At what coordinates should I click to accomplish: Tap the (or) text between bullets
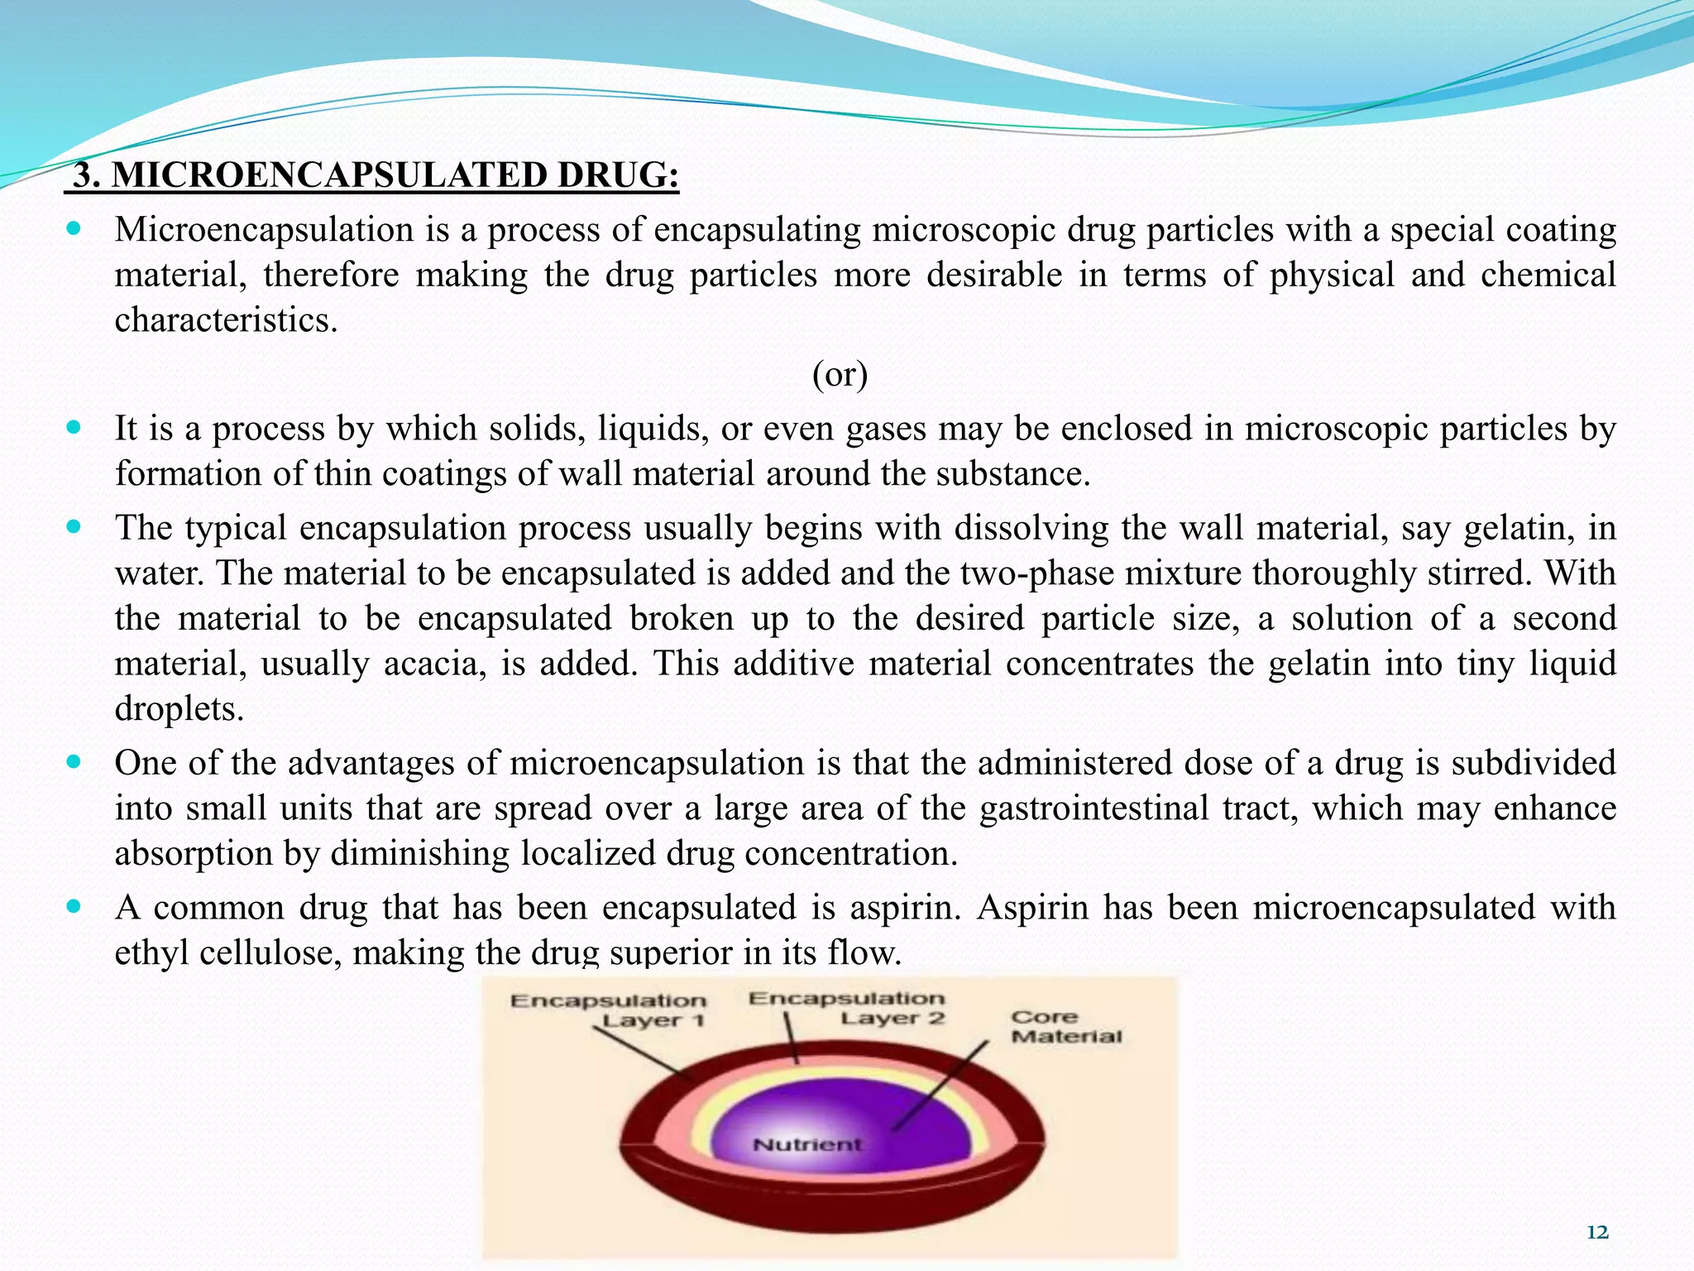click(x=840, y=375)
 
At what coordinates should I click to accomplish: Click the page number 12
click(x=1597, y=1232)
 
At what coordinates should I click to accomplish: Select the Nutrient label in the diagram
click(x=807, y=1144)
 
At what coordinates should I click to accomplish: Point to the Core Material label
click(x=1065, y=1027)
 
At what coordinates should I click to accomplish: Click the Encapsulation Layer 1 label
click(x=609, y=1010)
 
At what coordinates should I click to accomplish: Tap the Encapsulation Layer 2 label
click(x=847, y=1008)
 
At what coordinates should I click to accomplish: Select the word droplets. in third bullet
click(x=179, y=709)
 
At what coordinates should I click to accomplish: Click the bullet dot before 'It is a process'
click(x=74, y=428)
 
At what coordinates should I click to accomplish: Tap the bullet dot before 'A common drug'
click(x=74, y=907)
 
